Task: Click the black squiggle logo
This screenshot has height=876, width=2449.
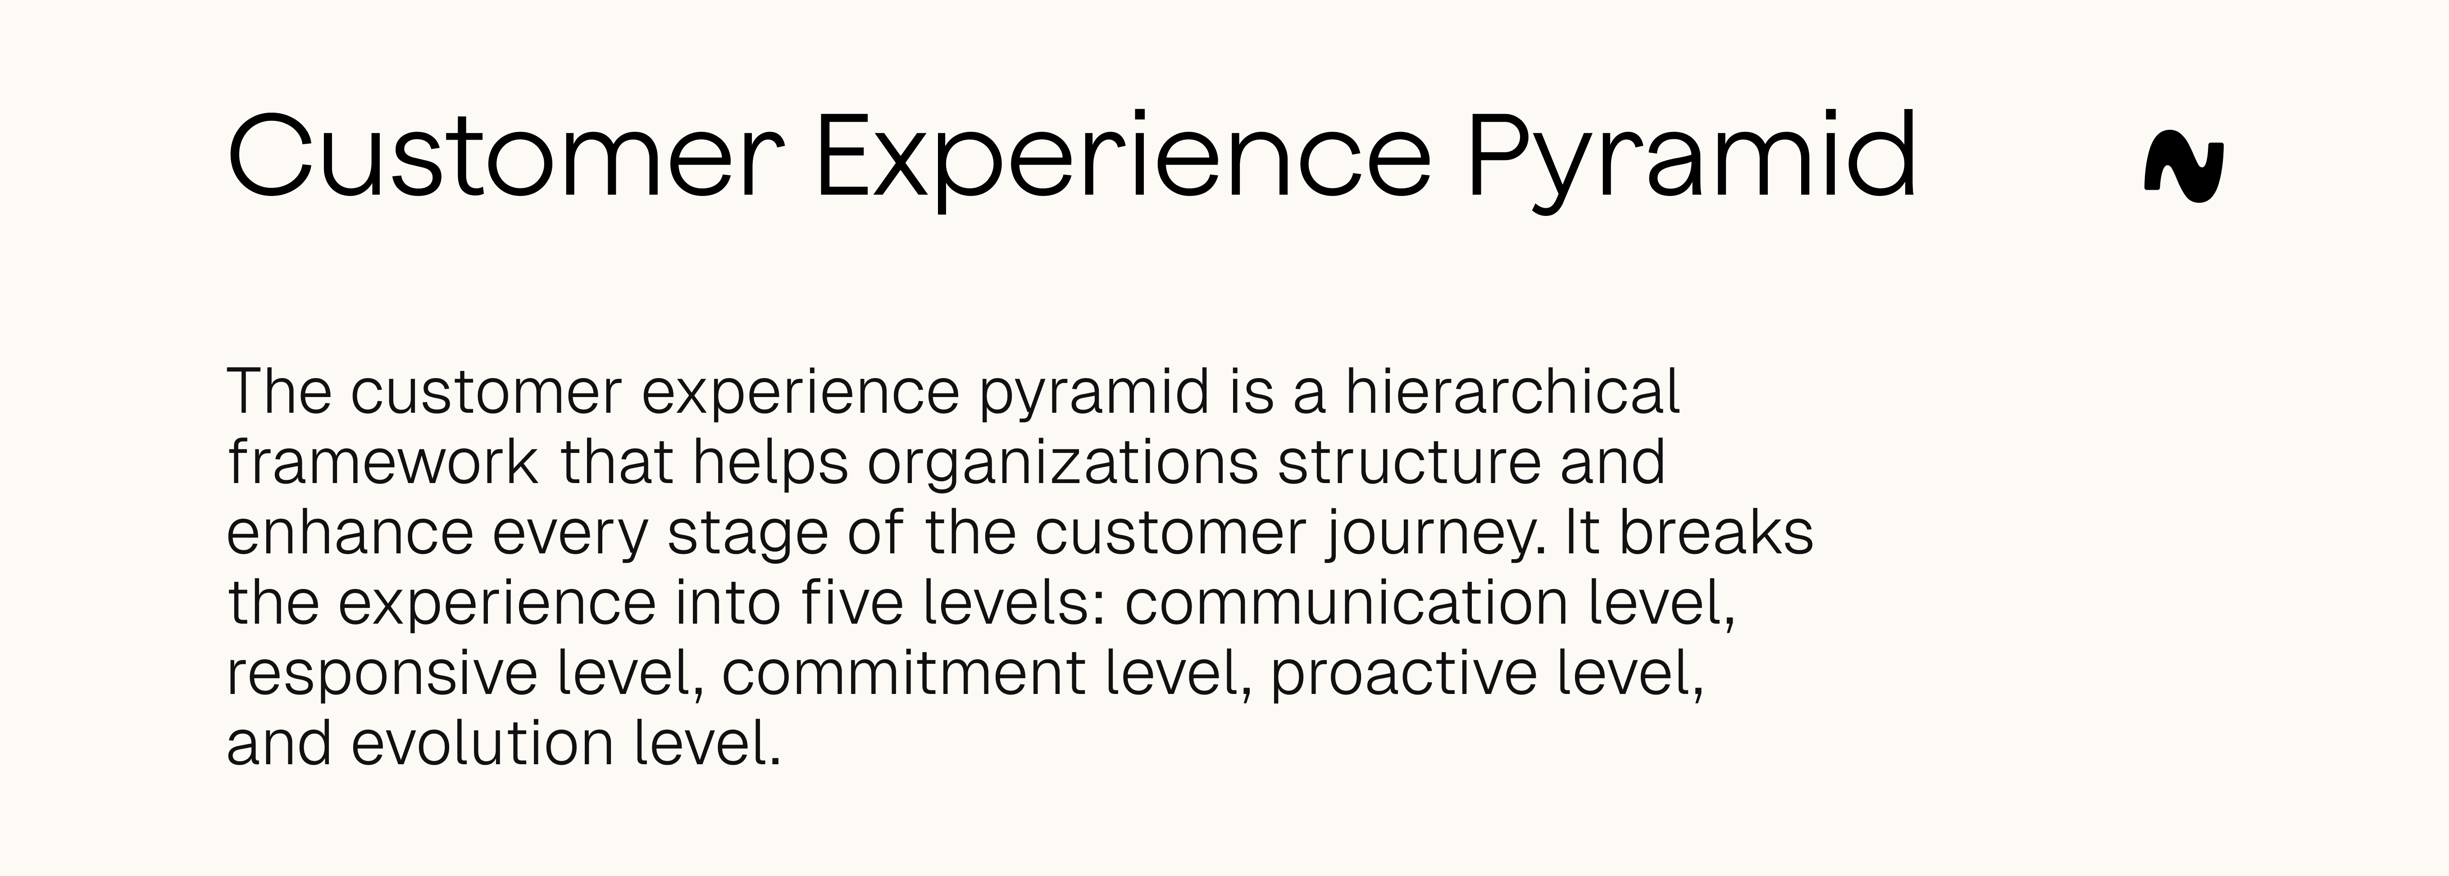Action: pyautogui.click(x=2184, y=171)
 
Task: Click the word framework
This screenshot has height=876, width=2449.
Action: pyautogui.click(x=382, y=462)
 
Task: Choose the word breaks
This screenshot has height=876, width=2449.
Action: pyautogui.click(x=1716, y=533)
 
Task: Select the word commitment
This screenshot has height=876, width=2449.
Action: pyautogui.click(x=903, y=673)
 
